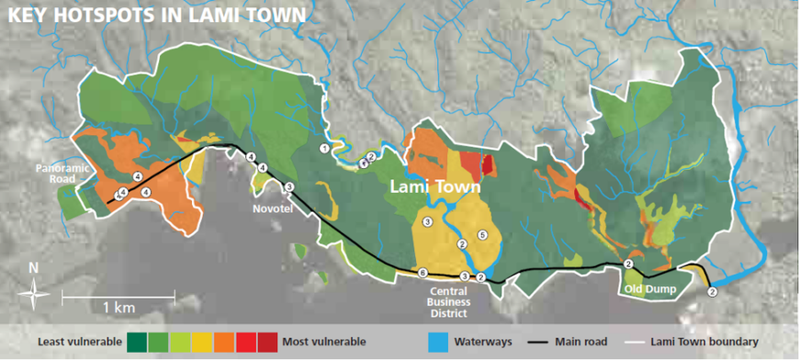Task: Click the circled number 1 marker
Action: pos(325,148)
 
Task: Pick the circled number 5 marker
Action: pos(483,236)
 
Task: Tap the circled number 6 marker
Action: pos(422,272)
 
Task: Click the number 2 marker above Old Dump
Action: pos(628,264)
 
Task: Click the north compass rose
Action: pos(34,286)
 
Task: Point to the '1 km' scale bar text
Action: pos(118,307)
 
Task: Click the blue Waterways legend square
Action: pos(436,340)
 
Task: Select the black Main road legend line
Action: pos(539,340)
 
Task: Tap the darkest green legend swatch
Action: pos(137,340)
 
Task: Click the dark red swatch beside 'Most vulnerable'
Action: pos(266,340)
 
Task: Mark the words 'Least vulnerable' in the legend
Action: pos(78,340)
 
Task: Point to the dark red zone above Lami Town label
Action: pos(487,165)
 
